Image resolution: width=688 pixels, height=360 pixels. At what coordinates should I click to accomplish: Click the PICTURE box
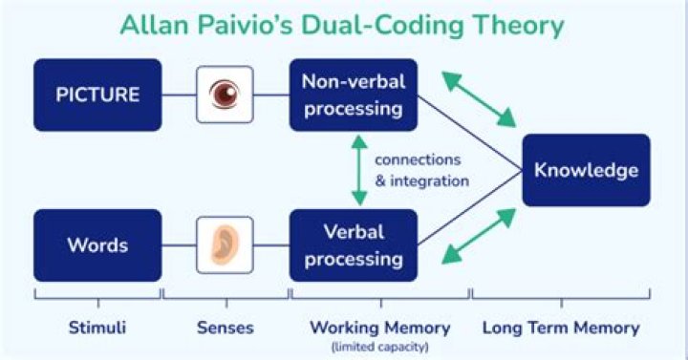click(97, 95)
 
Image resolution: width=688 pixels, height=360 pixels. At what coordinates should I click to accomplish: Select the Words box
click(97, 245)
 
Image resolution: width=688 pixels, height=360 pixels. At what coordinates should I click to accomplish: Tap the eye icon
click(225, 95)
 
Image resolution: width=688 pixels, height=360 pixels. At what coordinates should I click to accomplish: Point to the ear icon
click(225, 245)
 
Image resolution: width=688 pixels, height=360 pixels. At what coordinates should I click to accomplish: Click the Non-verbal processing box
click(354, 95)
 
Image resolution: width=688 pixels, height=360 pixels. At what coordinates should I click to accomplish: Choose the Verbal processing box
click(354, 245)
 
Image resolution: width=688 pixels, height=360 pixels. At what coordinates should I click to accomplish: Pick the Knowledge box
click(586, 170)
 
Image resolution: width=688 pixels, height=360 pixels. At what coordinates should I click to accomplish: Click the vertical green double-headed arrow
click(359, 170)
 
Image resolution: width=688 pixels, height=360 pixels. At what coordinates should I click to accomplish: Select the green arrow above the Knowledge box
click(479, 99)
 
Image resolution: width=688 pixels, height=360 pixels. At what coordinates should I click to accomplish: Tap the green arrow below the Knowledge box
click(479, 237)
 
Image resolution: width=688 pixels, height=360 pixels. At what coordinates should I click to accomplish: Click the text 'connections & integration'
click(421, 170)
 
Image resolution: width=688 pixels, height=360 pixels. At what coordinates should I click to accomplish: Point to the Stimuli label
click(97, 328)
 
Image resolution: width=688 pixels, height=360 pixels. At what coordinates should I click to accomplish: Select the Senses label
click(226, 328)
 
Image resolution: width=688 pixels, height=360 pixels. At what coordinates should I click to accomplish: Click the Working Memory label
click(380, 328)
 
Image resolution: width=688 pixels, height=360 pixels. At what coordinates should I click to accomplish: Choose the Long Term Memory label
click(561, 328)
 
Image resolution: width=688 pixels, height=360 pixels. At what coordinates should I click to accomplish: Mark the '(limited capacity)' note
click(380, 347)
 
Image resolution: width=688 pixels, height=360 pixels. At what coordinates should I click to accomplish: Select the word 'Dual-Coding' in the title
click(381, 26)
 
